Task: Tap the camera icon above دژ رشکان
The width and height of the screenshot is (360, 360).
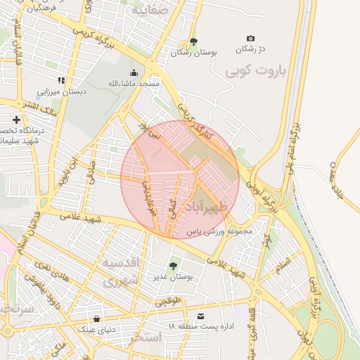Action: [251, 38]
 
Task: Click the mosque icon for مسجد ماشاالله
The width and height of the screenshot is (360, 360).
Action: [134, 72]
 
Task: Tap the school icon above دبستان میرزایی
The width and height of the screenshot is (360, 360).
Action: [62, 80]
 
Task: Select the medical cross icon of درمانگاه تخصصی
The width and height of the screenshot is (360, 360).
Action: [16, 120]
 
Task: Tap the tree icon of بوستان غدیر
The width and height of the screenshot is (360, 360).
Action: [172, 266]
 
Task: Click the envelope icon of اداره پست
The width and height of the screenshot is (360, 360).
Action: [202, 316]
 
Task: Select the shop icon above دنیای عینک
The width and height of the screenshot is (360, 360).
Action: [96, 319]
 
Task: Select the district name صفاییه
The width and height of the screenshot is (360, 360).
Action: [150, 11]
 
